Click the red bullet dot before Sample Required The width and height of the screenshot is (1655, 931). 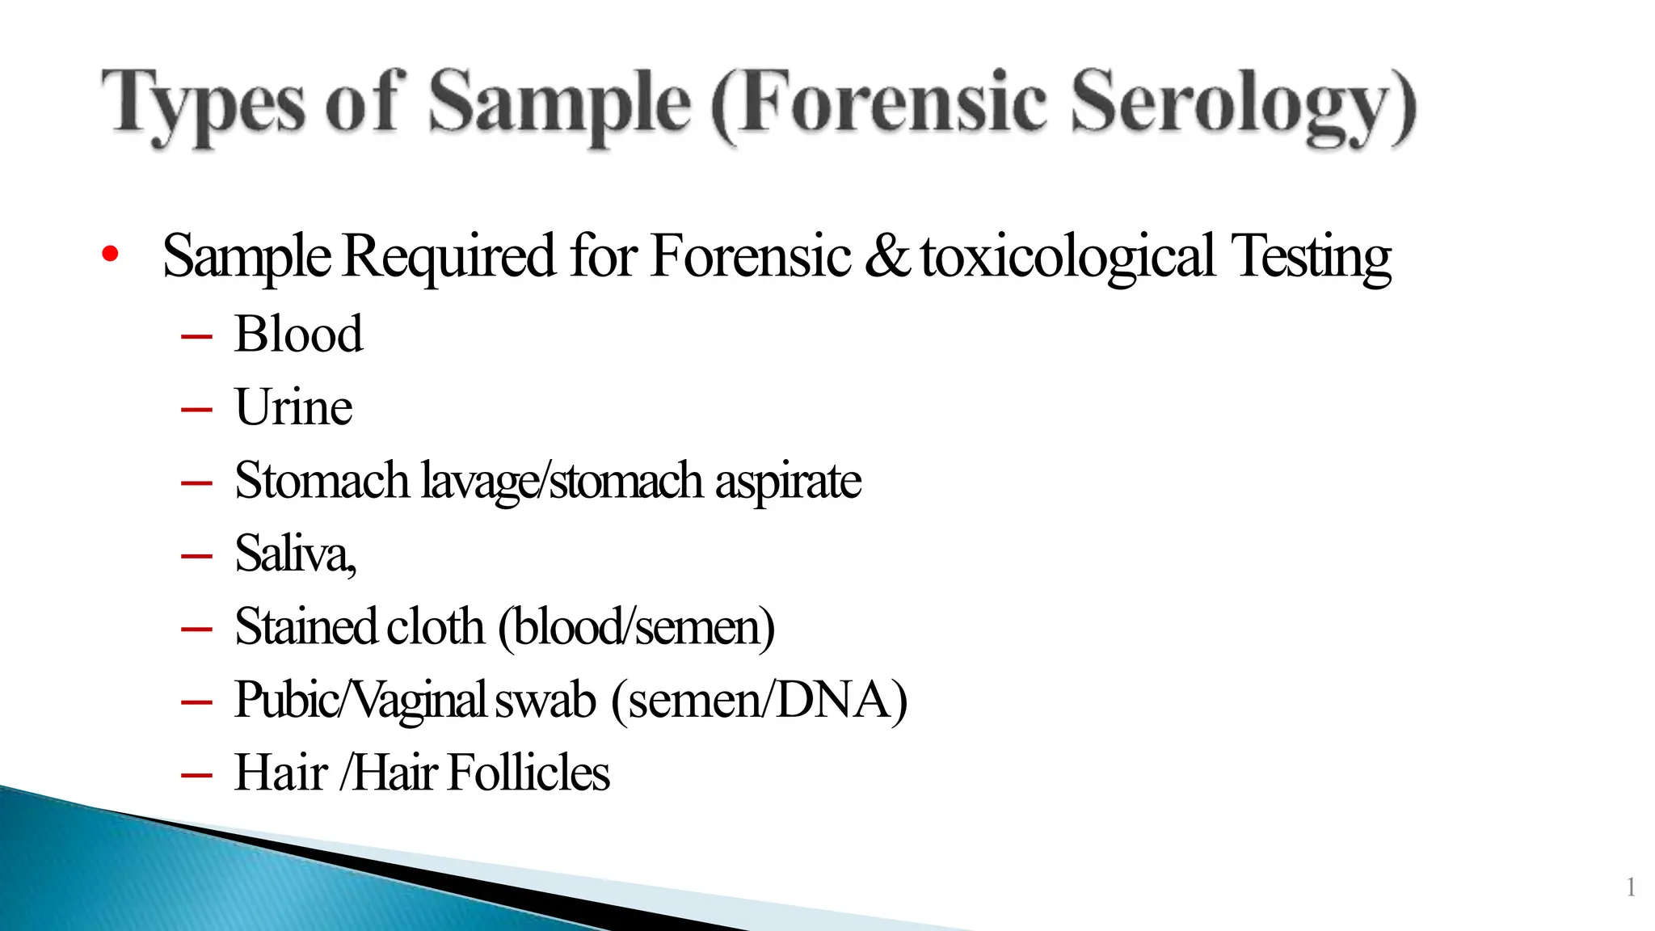tap(111, 255)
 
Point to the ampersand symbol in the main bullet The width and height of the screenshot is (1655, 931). tap(887, 255)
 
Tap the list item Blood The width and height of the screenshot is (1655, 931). tap(298, 334)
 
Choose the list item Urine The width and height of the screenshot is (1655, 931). tap(293, 407)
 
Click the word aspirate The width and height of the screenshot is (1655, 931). tap(788, 482)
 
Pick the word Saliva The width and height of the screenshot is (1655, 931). tap(293, 554)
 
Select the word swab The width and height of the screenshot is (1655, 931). tap(545, 700)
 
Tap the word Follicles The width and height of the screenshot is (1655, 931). tap(529, 773)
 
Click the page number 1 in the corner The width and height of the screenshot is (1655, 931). tap(1631, 887)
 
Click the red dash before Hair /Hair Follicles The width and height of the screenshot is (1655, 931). tap(196, 775)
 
